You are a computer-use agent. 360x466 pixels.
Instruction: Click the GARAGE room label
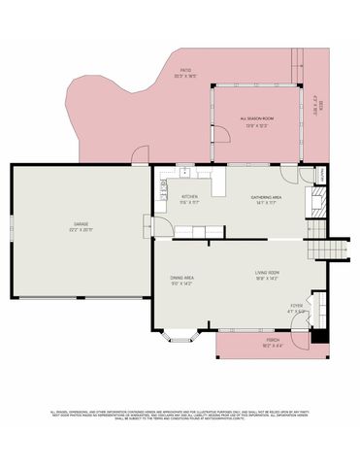pyautogui.click(x=81, y=224)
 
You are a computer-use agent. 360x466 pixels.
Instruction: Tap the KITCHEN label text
pyautogui.click(x=189, y=197)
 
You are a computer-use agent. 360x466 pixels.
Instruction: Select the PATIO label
pyautogui.click(x=185, y=70)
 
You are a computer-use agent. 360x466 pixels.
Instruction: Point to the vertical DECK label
pyautogui.click(x=317, y=105)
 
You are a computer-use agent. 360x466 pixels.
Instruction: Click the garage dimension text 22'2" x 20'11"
pyautogui.click(x=81, y=230)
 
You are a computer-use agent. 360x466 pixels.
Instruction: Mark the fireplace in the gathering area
pyautogui.click(x=316, y=202)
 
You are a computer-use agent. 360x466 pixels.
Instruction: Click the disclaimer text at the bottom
pyautogui.click(x=180, y=415)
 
